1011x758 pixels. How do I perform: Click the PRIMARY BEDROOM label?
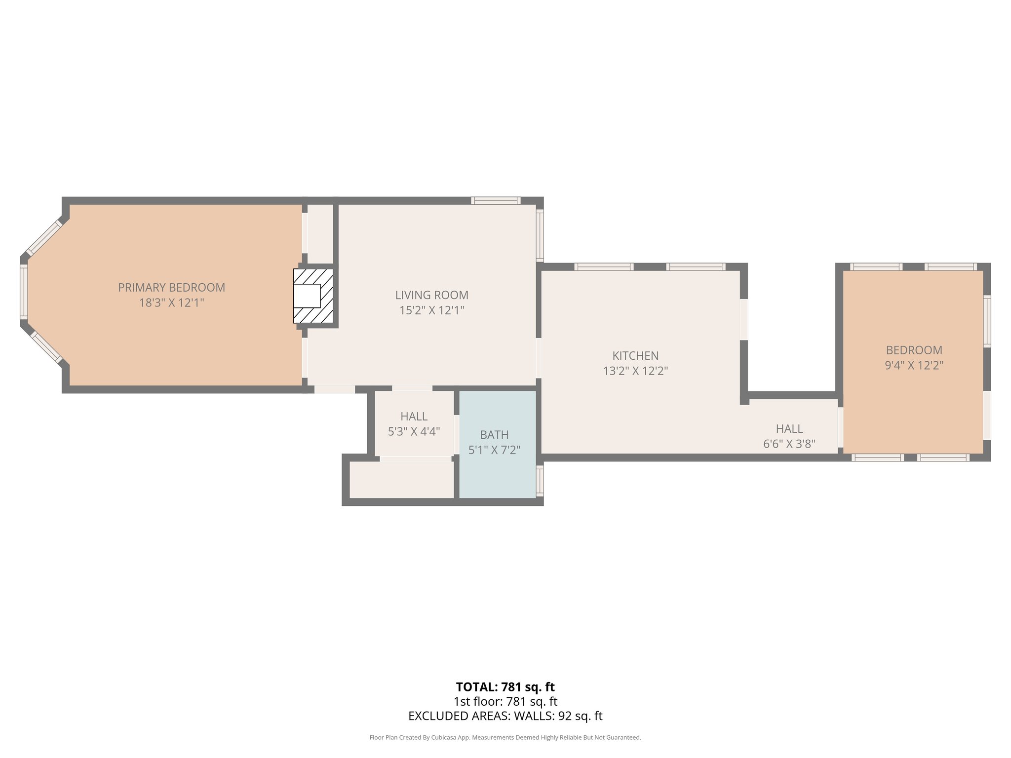(x=171, y=287)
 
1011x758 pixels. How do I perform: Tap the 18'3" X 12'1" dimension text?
(x=171, y=303)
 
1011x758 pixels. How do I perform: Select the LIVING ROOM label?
(x=431, y=295)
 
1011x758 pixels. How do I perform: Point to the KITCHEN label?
(x=635, y=356)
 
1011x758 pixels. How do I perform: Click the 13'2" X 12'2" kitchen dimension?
(x=635, y=371)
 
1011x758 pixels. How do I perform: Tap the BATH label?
(x=494, y=435)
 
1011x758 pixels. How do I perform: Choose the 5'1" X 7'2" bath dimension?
(x=494, y=450)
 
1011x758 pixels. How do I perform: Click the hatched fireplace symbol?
(x=313, y=296)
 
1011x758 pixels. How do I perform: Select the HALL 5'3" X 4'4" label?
(x=414, y=424)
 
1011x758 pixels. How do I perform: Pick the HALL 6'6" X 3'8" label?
(x=789, y=436)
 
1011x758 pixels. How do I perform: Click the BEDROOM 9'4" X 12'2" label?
(x=914, y=358)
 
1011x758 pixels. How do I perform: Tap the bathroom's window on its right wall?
(x=540, y=481)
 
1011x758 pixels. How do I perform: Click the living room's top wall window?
(x=496, y=200)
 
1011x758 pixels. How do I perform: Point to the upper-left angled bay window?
(x=44, y=237)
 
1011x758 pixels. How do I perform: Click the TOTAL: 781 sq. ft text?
(x=505, y=687)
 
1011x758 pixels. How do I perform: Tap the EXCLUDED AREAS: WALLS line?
(x=505, y=716)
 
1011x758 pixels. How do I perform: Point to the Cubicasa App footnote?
(x=505, y=738)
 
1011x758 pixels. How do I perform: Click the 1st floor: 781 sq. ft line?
(x=505, y=701)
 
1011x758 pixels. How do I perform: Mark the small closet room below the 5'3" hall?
(x=401, y=480)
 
